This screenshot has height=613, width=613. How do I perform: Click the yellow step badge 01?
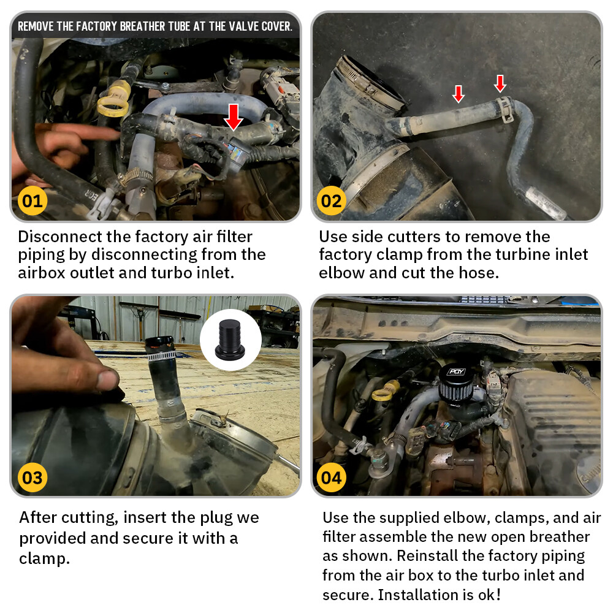(x=32, y=201)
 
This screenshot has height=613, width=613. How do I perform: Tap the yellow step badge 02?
(x=331, y=201)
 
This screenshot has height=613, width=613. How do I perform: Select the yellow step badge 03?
(x=32, y=478)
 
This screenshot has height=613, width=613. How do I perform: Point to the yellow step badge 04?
(x=331, y=478)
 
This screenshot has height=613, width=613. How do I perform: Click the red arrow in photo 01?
(x=234, y=116)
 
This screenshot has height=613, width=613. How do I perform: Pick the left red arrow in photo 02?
(x=458, y=94)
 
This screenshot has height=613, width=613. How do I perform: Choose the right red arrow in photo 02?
(x=500, y=83)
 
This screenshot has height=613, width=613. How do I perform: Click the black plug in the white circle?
(x=230, y=340)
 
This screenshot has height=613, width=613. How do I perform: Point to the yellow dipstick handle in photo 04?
(x=385, y=391)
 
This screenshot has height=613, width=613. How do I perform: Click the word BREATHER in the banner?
(x=143, y=26)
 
